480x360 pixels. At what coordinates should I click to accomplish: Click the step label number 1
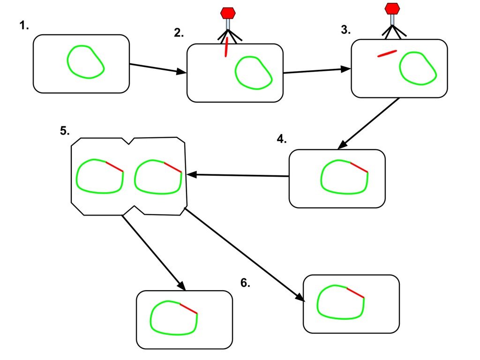(x=24, y=26)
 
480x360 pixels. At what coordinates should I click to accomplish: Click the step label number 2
(x=179, y=33)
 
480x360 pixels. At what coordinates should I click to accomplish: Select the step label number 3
(x=345, y=30)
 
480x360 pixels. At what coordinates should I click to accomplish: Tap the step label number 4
(x=281, y=139)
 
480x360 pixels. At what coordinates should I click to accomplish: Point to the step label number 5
(x=65, y=131)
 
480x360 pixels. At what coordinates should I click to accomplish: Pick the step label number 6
(x=245, y=283)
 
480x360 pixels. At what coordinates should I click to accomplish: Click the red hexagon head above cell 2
(x=228, y=13)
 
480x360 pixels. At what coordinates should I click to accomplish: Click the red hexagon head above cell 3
(x=392, y=8)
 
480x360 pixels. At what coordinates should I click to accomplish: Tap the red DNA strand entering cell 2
(x=226, y=47)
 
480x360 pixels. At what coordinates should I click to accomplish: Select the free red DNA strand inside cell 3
(x=387, y=53)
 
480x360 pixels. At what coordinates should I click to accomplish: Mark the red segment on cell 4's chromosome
(x=359, y=167)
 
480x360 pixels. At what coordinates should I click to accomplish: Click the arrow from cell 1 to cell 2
(x=157, y=68)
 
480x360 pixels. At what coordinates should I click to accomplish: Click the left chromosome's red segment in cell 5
(x=114, y=166)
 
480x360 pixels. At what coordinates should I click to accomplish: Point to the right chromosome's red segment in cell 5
(x=172, y=167)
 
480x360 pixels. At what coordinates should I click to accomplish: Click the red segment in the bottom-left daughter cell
(x=188, y=308)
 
